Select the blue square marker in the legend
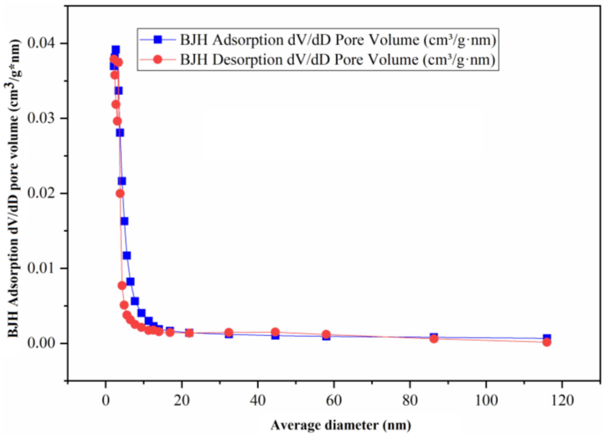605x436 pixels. (x=158, y=40)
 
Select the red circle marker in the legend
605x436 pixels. (x=158, y=59)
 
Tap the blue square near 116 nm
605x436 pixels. (x=547, y=337)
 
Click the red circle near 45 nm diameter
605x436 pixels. (x=276, y=332)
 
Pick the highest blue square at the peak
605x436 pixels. (x=116, y=50)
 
